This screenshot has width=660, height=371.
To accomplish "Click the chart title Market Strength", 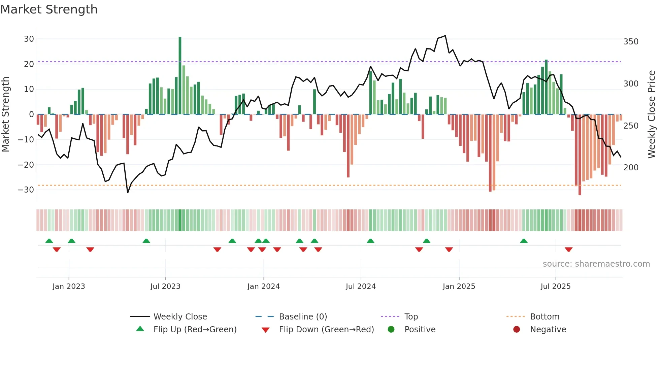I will (x=49, y=9).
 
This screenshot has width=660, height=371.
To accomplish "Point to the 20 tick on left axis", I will (x=29, y=64).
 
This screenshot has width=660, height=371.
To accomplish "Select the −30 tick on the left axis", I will (x=26, y=190).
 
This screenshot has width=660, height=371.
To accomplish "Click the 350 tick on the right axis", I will (x=631, y=42).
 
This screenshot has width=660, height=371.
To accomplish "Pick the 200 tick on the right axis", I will (x=631, y=167).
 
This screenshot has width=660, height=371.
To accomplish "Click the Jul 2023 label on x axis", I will (x=165, y=286).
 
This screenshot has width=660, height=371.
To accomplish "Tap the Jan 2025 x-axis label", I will (x=459, y=286).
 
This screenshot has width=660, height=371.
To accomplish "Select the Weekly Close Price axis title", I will (x=652, y=114).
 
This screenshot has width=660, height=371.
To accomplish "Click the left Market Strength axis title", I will (x=5, y=114).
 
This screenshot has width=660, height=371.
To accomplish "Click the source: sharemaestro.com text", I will (x=596, y=264).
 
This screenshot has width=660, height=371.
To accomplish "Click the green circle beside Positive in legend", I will (x=391, y=329).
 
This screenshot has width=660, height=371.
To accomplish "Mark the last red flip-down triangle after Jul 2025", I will (x=568, y=249).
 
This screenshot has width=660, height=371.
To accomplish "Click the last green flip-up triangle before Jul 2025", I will (x=524, y=241).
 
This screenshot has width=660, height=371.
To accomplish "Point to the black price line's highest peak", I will (x=445, y=36).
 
